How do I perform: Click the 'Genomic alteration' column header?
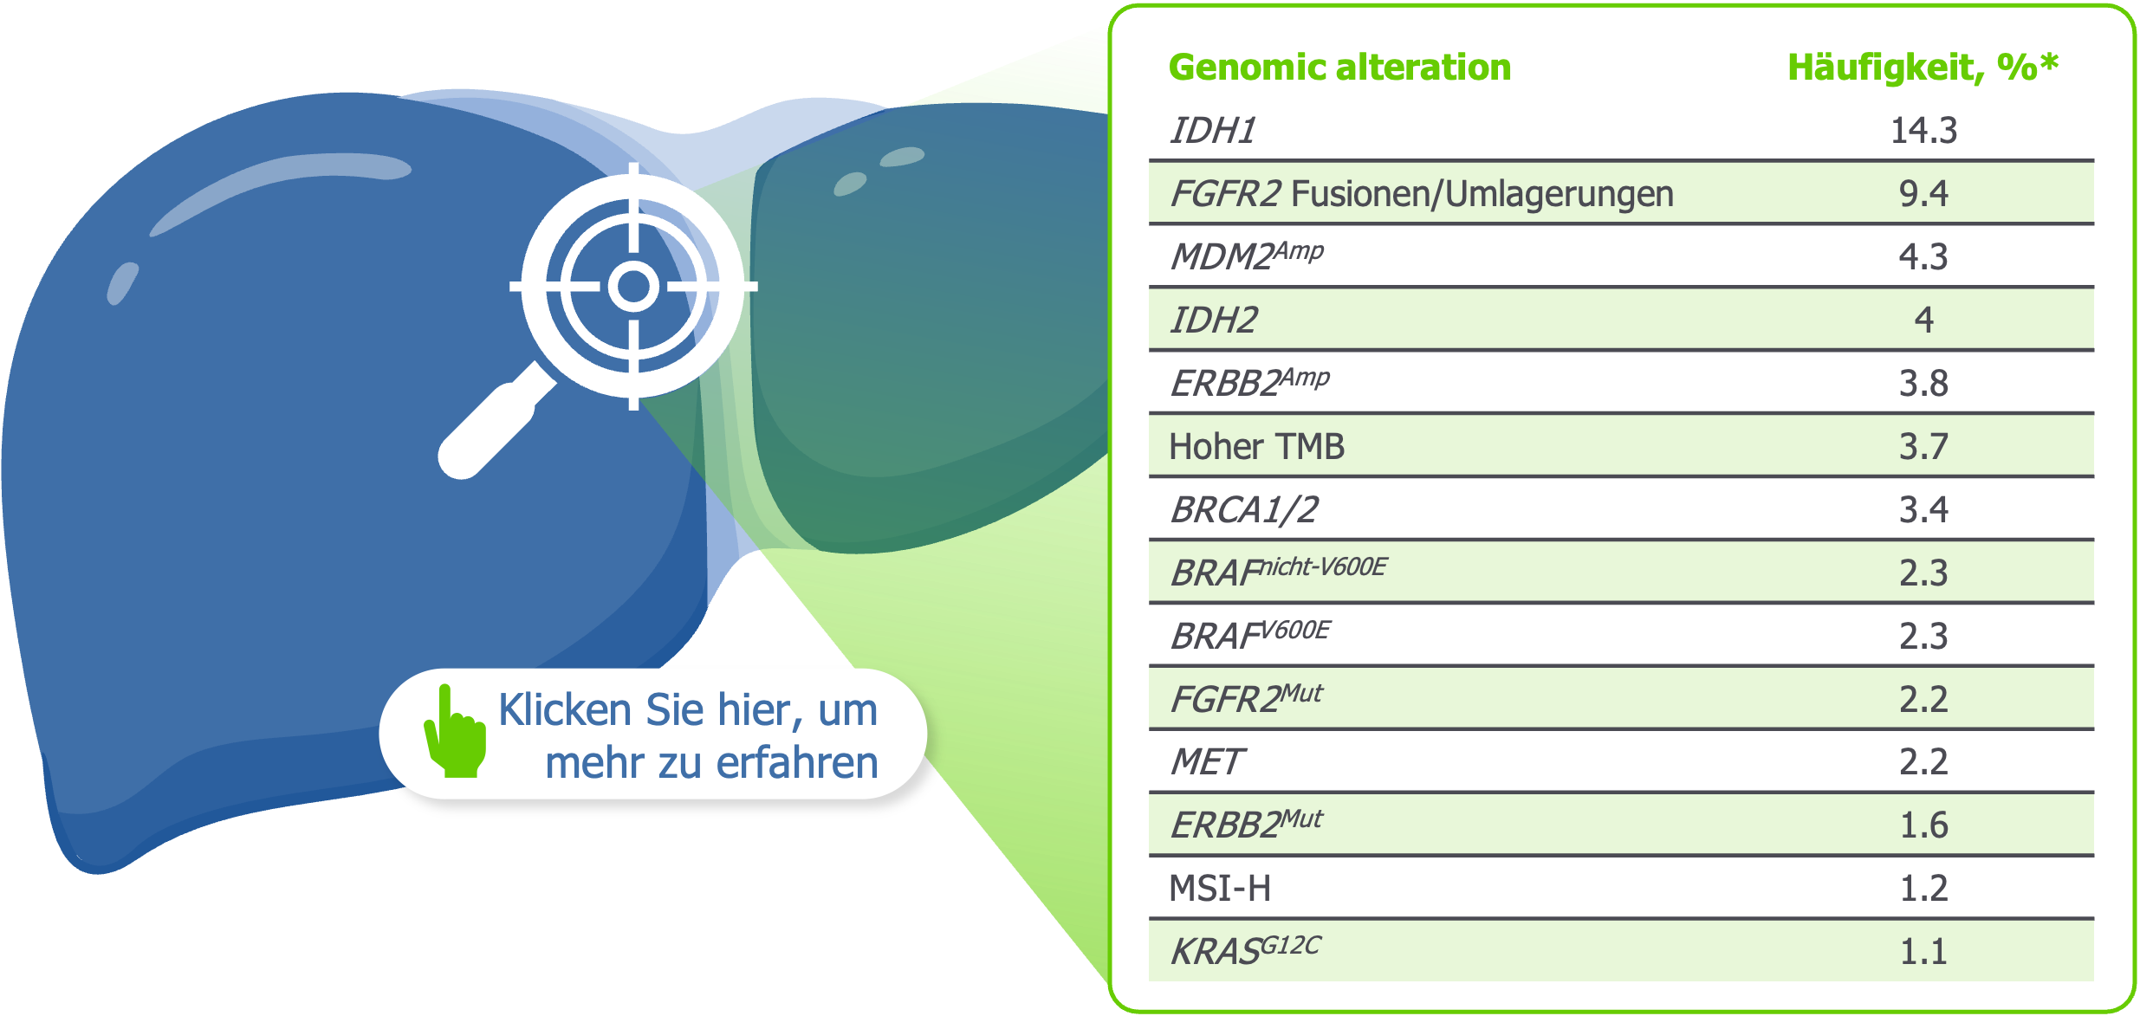(x=1339, y=68)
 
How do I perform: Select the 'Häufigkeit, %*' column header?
(x=1923, y=68)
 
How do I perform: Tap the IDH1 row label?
(x=1213, y=131)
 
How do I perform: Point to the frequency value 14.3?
(x=1923, y=131)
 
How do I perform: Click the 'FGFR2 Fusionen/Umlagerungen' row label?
(x=1421, y=194)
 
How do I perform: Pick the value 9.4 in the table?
(x=1923, y=194)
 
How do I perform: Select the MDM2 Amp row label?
(x=1246, y=256)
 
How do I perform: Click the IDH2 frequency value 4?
(x=1923, y=320)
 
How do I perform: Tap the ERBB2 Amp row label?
(x=1249, y=383)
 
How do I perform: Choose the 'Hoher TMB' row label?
(x=1256, y=447)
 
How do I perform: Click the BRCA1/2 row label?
(x=1244, y=510)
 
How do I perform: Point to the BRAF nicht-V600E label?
(x=1278, y=573)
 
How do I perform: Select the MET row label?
(x=1207, y=762)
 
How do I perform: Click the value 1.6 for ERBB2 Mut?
(x=1923, y=825)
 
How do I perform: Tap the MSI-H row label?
(x=1220, y=889)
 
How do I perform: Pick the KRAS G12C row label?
(x=1244, y=951)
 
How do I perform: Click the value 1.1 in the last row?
(x=1923, y=952)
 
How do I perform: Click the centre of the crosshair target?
(x=633, y=286)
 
